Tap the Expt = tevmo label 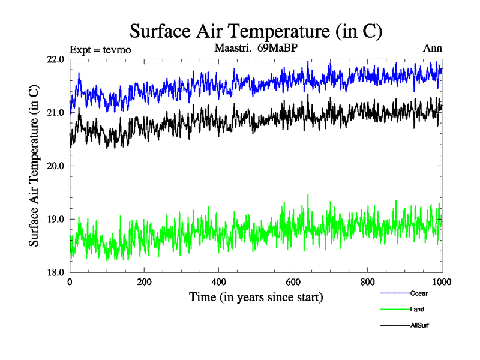[100, 49]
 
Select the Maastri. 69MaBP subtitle [256, 47]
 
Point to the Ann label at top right [433, 48]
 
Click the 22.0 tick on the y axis [56, 59]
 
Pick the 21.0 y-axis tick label [56, 113]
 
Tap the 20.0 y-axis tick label [56, 166]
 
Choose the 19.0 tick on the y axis [56, 219]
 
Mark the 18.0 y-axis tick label [56, 272]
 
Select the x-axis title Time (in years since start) [256, 297]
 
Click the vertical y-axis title [34, 166]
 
